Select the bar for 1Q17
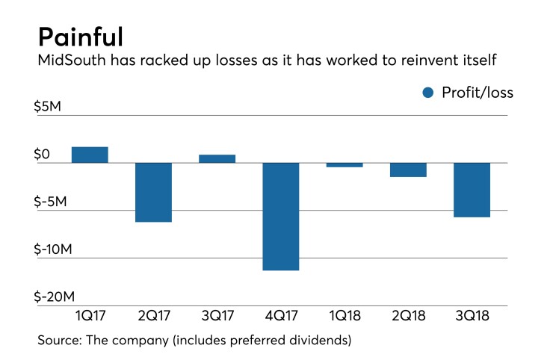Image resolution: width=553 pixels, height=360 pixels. [90, 155]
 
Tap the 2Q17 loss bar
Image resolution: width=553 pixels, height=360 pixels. [153, 192]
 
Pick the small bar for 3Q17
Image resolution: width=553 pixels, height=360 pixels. [217, 158]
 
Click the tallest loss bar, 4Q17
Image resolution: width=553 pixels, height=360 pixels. [280, 216]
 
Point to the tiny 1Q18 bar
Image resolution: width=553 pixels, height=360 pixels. [345, 165]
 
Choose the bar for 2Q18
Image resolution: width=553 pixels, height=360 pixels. [408, 170]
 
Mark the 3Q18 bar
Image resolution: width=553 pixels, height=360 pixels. [472, 190]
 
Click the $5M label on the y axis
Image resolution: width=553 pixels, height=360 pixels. [52, 107]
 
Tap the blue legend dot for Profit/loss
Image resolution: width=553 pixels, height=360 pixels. [428, 93]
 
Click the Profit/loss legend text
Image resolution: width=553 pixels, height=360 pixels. [478, 93]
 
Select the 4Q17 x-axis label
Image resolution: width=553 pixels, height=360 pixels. [280, 316]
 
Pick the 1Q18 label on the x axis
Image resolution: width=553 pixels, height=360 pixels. [345, 316]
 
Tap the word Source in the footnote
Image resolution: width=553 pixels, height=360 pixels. [59, 341]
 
